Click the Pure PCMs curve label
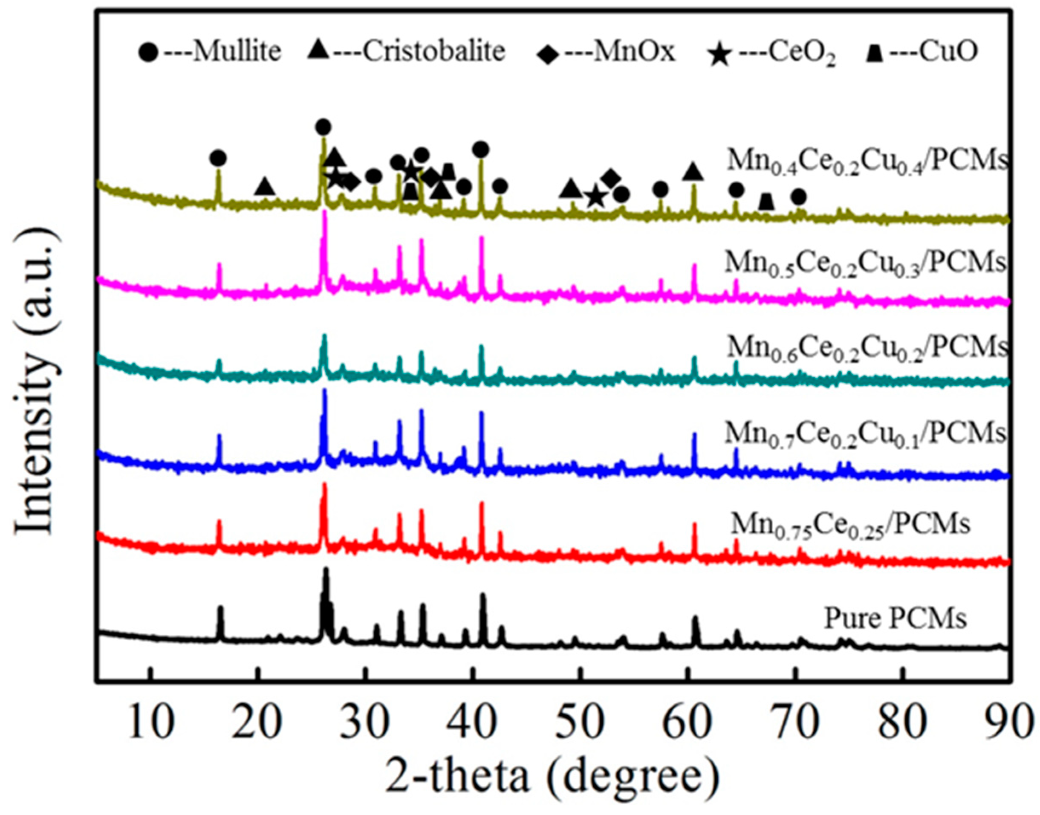[896, 619]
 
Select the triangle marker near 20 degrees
[265, 187]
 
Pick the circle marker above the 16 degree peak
[218, 158]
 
